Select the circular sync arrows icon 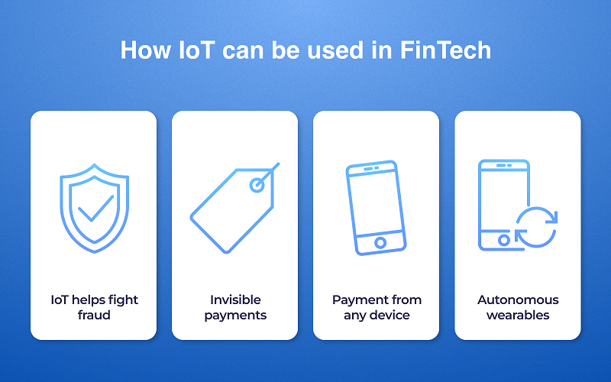536,227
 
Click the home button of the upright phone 503,240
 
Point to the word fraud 94,315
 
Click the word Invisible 235,299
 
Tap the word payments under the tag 235,315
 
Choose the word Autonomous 518,299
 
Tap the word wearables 518,315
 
